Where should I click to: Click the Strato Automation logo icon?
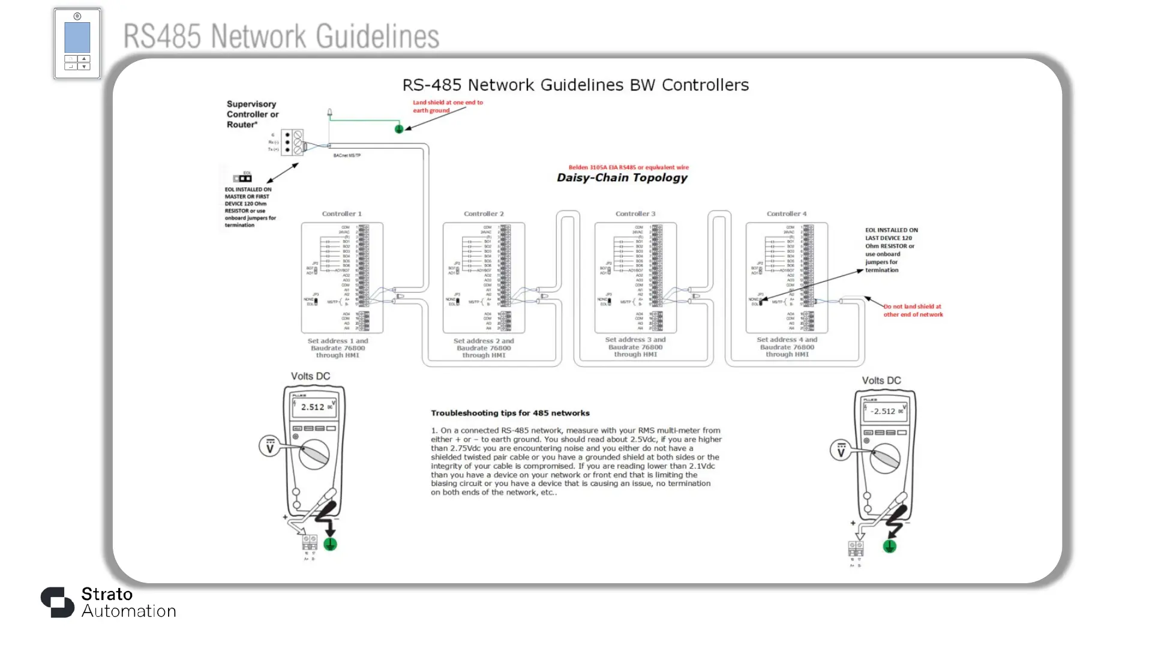(x=58, y=602)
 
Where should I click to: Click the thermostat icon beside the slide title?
(x=77, y=43)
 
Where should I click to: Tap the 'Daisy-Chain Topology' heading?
(x=622, y=178)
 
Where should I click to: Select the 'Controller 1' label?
(x=341, y=214)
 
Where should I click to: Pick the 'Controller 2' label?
(x=484, y=214)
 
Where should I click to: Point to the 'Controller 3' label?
(x=635, y=214)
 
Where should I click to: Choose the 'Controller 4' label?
(x=787, y=214)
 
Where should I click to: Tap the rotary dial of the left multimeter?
(x=314, y=455)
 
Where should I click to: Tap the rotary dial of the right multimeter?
(x=886, y=459)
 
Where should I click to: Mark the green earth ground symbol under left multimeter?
(x=330, y=544)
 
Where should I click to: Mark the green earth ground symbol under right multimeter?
(x=890, y=546)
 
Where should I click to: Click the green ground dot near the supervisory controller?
(x=399, y=129)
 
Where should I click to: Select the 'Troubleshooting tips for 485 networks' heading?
(x=510, y=413)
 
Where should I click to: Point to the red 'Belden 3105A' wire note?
(x=628, y=167)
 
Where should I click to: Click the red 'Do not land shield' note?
(x=913, y=310)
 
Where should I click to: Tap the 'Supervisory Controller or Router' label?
(x=253, y=114)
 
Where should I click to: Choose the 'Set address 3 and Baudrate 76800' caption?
(x=635, y=347)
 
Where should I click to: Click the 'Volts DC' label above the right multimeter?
(x=881, y=380)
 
